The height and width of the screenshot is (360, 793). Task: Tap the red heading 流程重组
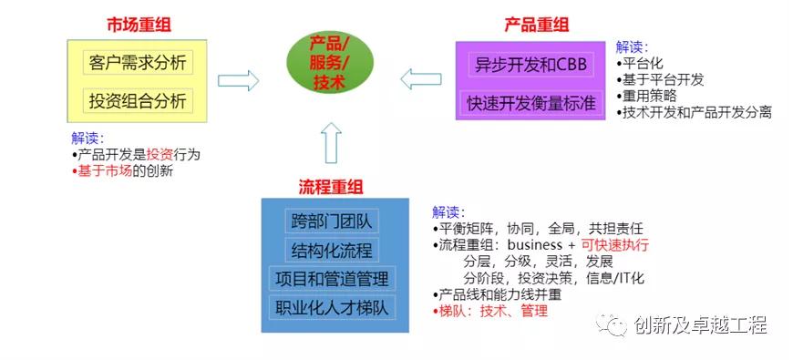click(331, 187)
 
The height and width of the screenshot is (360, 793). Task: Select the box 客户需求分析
click(137, 64)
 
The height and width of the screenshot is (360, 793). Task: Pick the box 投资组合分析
click(137, 99)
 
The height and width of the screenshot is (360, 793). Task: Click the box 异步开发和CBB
click(531, 65)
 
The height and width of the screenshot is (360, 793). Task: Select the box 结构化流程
click(332, 250)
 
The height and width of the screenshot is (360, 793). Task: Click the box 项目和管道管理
click(332, 278)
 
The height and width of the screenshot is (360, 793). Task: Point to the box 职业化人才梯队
click(332, 307)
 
